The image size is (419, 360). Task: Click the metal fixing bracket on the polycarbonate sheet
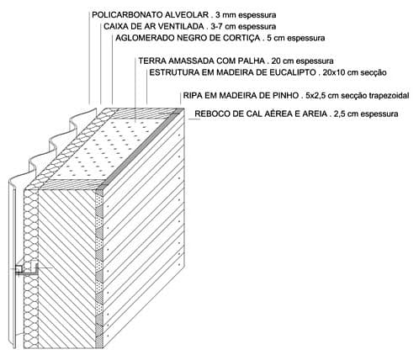(27, 269)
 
